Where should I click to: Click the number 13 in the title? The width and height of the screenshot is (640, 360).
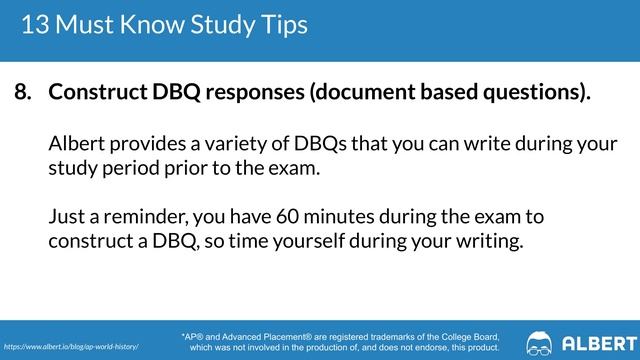pos(35,23)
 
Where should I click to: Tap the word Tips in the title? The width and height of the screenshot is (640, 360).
pos(281,23)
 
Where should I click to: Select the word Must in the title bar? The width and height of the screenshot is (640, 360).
pos(90,23)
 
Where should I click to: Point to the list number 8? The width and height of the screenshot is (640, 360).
pos(22,93)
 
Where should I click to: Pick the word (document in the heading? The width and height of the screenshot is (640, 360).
pos(361,93)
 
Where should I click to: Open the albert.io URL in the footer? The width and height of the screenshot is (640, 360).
pos(71,345)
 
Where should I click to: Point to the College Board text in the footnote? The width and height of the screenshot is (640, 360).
pos(461,337)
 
